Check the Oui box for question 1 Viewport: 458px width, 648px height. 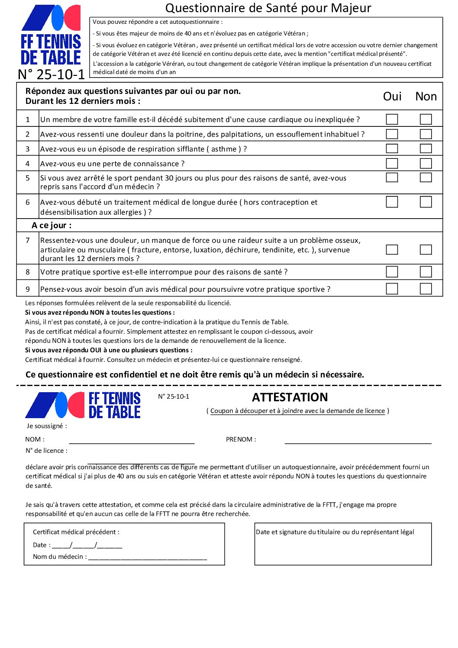tap(392, 119)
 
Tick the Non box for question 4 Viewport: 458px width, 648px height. tap(426, 163)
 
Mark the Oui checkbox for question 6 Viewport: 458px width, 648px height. tap(392, 202)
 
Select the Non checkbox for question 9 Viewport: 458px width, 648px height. tap(426, 289)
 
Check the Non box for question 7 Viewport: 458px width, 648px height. tap(426, 249)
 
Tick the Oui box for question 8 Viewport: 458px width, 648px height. tap(392, 271)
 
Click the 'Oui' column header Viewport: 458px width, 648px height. tap(392, 96)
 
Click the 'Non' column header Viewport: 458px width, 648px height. tap(426, 96)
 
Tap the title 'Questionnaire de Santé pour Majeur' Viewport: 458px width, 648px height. tap(268, 8)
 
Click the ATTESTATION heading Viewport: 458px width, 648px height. tap(290, 397)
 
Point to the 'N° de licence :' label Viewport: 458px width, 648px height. tap(46, 451)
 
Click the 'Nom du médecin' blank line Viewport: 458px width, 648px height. tap(148, 557)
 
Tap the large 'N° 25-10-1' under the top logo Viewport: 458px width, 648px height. tap(52, 74)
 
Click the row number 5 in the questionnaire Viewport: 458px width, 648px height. tap(28, 178)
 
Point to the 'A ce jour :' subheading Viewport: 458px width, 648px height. tap(52, 225)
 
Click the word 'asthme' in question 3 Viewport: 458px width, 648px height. tap(224, 149)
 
